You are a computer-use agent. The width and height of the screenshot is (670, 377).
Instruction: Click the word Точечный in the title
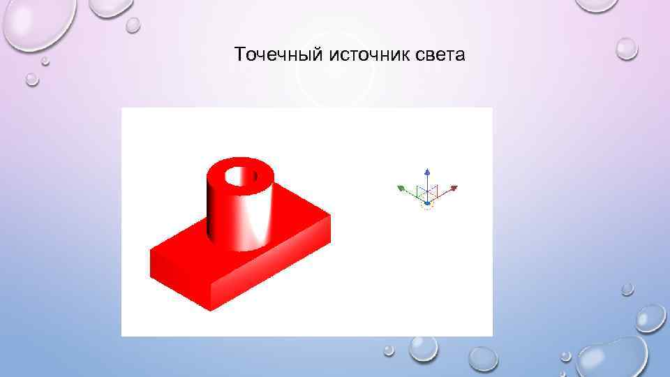[275, 54]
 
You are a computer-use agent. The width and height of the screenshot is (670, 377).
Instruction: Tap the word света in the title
[440, 54]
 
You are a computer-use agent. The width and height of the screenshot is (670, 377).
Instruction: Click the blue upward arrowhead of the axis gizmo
[428, 171]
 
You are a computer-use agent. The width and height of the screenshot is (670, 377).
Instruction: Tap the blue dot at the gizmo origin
[427, 203]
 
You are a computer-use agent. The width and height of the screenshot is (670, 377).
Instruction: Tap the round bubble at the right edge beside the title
[626, 48]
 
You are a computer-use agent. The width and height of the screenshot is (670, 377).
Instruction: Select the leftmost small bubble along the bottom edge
[389, 350]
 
